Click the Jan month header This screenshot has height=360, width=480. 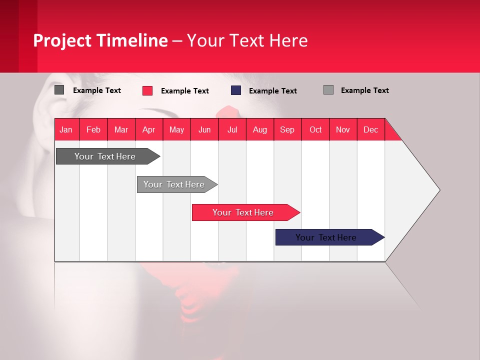[66, 130]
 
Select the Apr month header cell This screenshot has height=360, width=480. [148, 130]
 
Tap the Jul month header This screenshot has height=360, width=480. [232, 130]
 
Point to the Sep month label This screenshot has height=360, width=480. [287, 130]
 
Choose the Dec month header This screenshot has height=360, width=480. [370, 130]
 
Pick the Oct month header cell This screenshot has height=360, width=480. [315, 130]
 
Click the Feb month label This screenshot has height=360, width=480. [93, 130]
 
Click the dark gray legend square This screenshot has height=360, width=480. [59, 90]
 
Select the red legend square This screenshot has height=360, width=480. [147, 90]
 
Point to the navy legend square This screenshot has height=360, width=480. [236, 90]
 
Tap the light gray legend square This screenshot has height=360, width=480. [328, 90]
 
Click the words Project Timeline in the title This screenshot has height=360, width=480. [100, 40]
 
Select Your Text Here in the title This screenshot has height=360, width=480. [247, 40]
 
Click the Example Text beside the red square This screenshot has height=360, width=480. [184, 91]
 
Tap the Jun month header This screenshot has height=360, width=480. [204, 130]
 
